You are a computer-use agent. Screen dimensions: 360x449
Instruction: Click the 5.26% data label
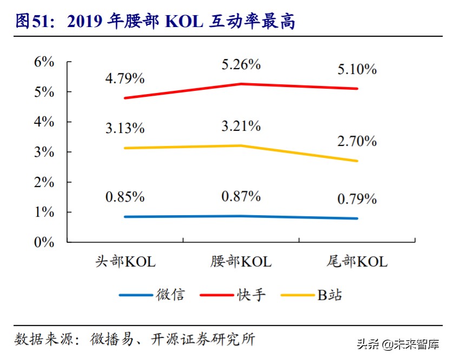[x=241, y=65]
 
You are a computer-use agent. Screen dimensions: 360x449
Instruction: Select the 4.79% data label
[x=124, y=79]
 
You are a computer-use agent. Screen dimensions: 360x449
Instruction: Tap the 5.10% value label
[x=356, y=70]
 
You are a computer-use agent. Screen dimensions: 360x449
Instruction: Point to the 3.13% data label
[x=124, y=129]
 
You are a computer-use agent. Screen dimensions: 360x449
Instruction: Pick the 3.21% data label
[x=241, y=126]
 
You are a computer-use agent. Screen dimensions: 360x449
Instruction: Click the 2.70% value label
[x=356, y=142]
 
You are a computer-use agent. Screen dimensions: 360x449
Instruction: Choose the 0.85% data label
[x=124, y=197]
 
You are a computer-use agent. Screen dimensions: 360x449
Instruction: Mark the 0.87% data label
[x=241, y=196]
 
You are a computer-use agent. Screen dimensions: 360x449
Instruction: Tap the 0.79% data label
[x=356, y=199]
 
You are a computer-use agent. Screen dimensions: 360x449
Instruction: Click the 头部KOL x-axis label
[x=125, y=262]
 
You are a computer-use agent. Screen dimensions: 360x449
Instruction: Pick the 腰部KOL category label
[x=241, y=262]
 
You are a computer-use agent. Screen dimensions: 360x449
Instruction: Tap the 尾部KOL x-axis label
[x=357, y=262]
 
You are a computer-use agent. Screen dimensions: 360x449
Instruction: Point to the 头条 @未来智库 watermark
[x=398, y=344]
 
